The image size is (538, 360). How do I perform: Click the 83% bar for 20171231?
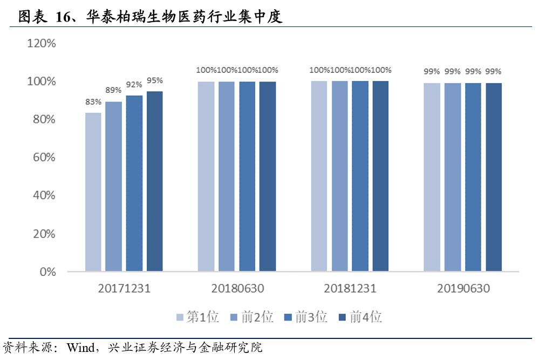click(93, 192)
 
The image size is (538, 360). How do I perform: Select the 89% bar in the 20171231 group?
click(114, 186)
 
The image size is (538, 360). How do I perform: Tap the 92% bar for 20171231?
click(134, 183)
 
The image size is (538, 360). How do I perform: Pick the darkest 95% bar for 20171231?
click(155, 181)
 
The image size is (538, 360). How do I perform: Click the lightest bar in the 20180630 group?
click(206, 176)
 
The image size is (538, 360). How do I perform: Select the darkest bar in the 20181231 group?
click(380, 176)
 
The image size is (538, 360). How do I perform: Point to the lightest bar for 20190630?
click(432, 176)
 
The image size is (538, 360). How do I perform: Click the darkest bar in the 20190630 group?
click(494, 176)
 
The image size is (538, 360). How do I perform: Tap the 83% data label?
click(93, 101)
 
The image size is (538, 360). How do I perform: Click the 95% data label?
click(155, 80)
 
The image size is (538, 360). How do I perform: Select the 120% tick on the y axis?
click(42, 43)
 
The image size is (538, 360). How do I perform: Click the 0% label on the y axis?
click(48, 271)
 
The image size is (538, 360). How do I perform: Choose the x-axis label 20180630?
click(237, 289)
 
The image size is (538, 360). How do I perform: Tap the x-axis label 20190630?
click(463, 289)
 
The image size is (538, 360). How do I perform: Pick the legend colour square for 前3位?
click(287, 317)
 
